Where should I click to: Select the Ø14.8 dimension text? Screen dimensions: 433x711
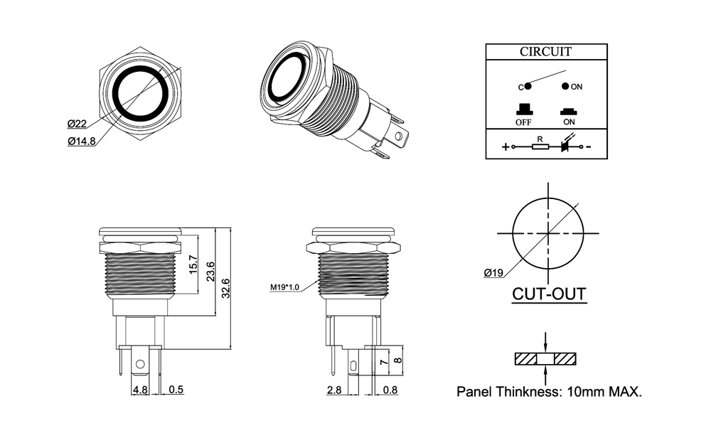point(82,141)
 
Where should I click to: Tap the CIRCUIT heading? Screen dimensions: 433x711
point(545,52)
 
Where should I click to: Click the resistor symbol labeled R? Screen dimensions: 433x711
point(540,147)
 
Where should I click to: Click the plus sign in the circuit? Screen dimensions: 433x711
point(506,147)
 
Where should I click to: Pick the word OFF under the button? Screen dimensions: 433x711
point(524,122)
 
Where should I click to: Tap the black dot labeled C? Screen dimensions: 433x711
point(528,86)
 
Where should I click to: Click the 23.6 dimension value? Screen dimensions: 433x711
point(210,272)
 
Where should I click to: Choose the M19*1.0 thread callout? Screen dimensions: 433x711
point(285,287)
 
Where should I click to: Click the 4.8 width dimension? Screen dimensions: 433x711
point(139,390)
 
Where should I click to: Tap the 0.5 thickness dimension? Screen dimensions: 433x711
point(177,390)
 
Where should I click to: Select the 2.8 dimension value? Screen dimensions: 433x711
point(334,390)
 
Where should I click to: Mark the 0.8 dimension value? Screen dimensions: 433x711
point(390,390)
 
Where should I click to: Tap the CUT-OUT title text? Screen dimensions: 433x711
point(550,294)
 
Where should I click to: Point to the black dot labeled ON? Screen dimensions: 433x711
point(565,86)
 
